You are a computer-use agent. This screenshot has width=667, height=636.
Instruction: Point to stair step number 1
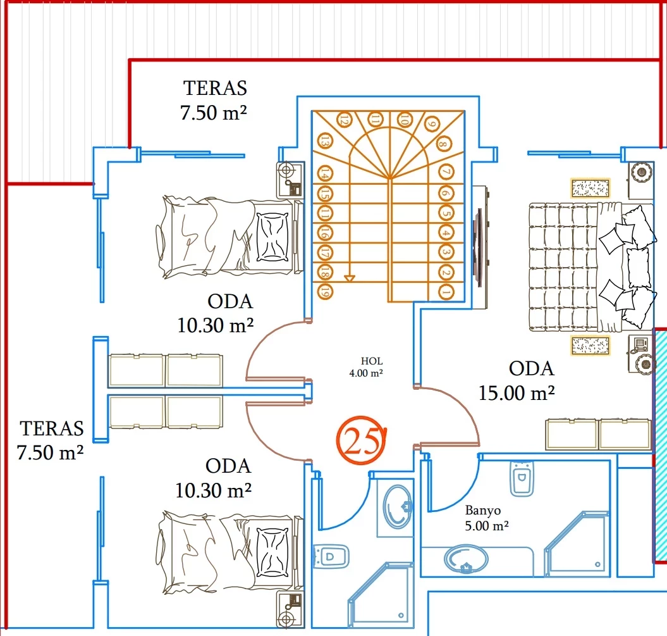[x=445, y=292]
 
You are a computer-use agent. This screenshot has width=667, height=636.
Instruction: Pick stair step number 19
[x=325, y=292]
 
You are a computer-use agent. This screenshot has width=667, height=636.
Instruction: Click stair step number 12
[x=345, y=119]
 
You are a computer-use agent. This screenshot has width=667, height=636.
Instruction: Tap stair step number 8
[x=444, y=144]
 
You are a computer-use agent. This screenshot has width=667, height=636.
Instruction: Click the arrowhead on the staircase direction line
[x=350, y=278]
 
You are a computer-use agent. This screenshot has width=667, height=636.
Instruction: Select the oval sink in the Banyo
[x=466, y=559]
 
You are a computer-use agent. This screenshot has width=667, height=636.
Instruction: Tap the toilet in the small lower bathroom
[x=331, y=556]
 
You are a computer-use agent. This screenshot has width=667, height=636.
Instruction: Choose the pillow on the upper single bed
[x=274, y=237]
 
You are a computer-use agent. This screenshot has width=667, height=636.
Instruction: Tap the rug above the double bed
[x=591, y=188]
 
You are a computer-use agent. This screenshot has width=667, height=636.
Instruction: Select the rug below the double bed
[x=591, y=346]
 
